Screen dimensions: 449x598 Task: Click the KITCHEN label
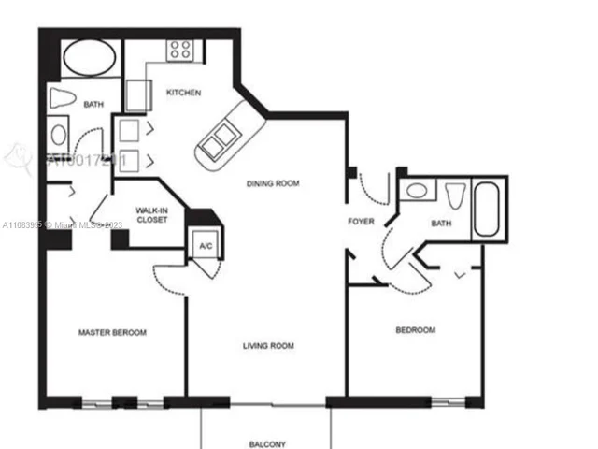(x=183, y=93)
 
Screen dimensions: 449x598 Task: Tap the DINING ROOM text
(x=273, y=184)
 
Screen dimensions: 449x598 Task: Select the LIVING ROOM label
(x=268, y=346)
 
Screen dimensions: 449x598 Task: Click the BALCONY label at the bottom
(x=267, y=444)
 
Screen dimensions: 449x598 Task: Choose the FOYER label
(x=362, y=223)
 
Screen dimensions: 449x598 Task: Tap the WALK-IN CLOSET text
(x=151, y=215)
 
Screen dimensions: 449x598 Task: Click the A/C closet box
(x=203, y=245)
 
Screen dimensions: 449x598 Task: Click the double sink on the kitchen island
(x=219, y=143)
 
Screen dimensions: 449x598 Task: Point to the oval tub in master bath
(x=90, y=57)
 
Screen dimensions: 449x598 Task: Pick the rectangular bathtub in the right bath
(x=489, y=211)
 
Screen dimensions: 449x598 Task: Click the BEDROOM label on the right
(x=415, y=330)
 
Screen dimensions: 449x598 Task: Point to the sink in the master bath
(x=59, y=134)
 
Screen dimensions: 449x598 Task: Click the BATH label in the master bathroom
(x=93, y=105)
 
